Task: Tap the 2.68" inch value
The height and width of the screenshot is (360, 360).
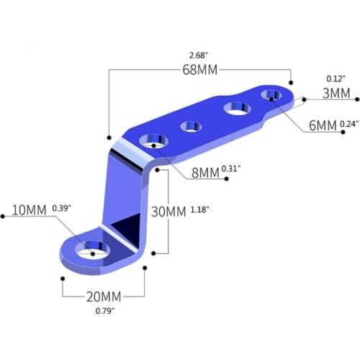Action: pyautogui.click(x=197, y=55)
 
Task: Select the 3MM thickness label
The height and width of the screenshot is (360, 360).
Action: pyautogui.click(x=336, y=93)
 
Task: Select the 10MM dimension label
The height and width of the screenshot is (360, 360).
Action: pyautogui.click(x=30, y=210)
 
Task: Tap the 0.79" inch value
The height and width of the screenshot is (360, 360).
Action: pyautogui.click(x=105, y=312)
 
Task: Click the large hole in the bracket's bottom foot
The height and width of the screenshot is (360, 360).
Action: pyautogui.click(x=93, y=250)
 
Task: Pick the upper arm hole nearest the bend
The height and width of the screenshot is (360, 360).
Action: pyautogui.click(x=152, y=142)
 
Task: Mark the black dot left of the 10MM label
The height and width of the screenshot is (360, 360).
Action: pyautogui.click(x=3, y=214)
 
